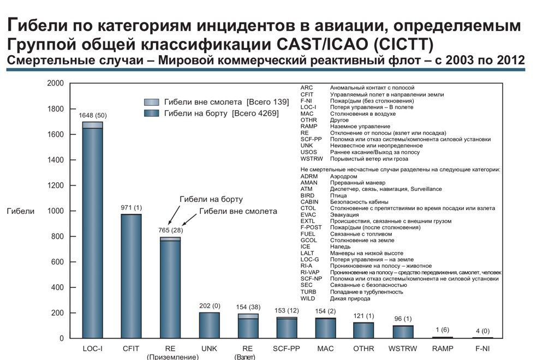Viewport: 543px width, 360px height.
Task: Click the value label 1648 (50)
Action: (93, 115)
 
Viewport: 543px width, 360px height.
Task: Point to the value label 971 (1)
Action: (131, 208)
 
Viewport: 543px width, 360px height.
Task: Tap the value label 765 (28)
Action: (170, 231)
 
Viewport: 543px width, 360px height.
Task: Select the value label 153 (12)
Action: (287, 310)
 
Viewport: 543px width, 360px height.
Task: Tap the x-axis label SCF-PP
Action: (287, 348)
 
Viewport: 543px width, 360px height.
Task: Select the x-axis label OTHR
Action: (364, 348)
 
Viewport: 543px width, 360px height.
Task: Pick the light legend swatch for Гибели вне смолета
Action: (152, 103)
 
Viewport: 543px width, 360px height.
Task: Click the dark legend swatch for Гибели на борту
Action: (152, 113)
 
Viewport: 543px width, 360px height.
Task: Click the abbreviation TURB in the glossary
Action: (309, 292)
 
